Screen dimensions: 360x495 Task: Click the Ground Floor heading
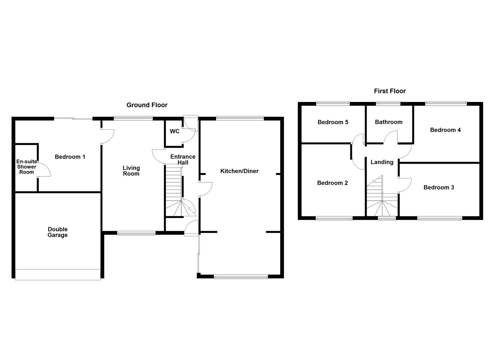[147, 105]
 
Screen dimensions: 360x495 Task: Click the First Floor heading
[390, 91]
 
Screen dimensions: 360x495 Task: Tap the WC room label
[174, 131]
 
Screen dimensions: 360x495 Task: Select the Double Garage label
[58, 232]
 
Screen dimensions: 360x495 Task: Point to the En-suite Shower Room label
[26, 167]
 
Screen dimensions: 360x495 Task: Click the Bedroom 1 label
[70, 157]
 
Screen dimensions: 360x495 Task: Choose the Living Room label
[131, 171]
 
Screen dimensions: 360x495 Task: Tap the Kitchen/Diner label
[239, 171]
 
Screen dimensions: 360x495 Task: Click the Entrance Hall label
[183, 159]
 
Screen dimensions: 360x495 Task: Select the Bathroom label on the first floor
[388, 122]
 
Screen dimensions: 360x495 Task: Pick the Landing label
[382, 162]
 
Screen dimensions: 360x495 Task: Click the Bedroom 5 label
[333, 122]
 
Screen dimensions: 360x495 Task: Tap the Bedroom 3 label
[438, 187]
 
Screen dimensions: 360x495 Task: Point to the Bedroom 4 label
[445, 130]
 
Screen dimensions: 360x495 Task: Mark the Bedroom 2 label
[332, 183]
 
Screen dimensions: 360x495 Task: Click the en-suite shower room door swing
[44, 170]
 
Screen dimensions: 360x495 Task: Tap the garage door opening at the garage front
[58, 274]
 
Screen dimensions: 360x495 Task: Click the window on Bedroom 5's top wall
[333, 103]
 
